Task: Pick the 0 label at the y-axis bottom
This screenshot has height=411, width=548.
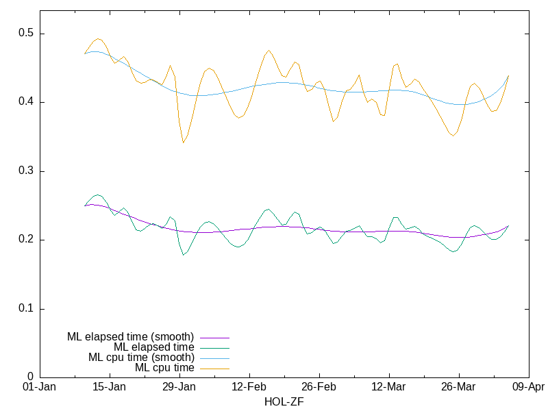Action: [x=30, y=377]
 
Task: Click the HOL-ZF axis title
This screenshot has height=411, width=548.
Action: [x=284, y=402]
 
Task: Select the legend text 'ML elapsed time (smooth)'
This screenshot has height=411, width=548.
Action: [x=130, y=337]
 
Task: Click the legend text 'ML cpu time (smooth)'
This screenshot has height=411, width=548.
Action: [x=141, y=358]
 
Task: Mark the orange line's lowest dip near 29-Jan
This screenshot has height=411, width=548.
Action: [x=183, y=142]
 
